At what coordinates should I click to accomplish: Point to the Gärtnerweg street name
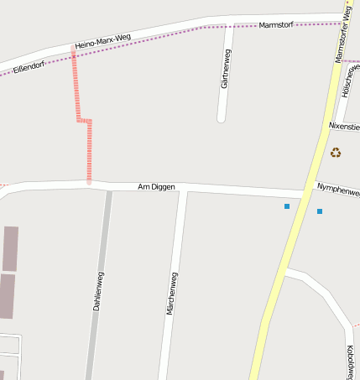pos(225,69)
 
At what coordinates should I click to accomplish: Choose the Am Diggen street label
pos(156,186)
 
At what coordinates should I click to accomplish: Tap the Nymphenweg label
pos(337,190)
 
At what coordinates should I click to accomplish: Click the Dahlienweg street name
pos(98,292)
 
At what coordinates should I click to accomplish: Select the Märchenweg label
pos(172,294)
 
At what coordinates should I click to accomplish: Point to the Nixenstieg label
pos(344,127)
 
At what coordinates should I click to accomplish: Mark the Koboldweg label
pos(350,361)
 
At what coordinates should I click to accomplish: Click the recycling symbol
pos(336,153)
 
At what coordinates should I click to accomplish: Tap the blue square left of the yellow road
pos(287,206)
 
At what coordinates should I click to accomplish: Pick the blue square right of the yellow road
pos(320,211)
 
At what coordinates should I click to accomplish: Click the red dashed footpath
pos(88,151)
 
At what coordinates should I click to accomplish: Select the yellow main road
pos(285,252)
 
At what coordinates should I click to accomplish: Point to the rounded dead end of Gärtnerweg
pos(222,117)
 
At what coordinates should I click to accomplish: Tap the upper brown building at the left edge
pos(10,248)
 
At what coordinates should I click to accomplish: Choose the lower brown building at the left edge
pos(7,296)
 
